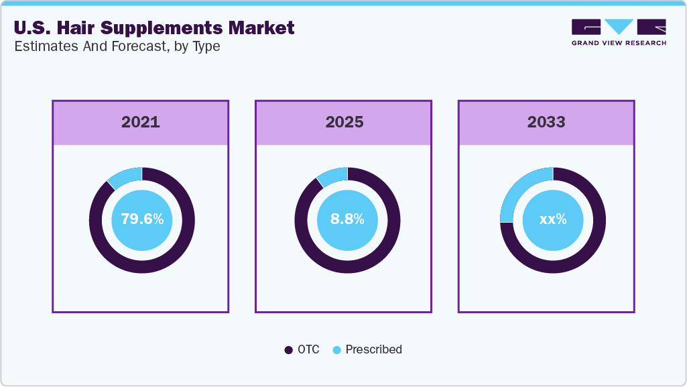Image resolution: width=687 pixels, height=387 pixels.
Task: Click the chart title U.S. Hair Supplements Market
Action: coord(153,28)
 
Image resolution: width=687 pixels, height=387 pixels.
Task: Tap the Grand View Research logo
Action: coord(618,32)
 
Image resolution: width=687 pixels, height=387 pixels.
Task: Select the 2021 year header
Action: coord(140,122)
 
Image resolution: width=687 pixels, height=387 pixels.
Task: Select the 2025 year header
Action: coord(344,122)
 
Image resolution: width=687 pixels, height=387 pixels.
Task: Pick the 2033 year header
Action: coord(546,122)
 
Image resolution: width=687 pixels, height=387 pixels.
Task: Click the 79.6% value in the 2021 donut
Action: coord(141,219)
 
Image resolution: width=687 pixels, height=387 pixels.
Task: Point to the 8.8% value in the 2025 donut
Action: coord(347,219)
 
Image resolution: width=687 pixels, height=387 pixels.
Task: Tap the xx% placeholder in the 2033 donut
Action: coord(552,219)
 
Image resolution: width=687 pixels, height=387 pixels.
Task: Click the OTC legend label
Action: coord(309,349)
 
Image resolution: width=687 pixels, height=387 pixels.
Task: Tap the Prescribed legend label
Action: coord(373,349)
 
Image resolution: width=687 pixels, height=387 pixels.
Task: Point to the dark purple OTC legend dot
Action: coord(289,349)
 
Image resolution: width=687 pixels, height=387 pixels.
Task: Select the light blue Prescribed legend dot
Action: coord(337,349)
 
